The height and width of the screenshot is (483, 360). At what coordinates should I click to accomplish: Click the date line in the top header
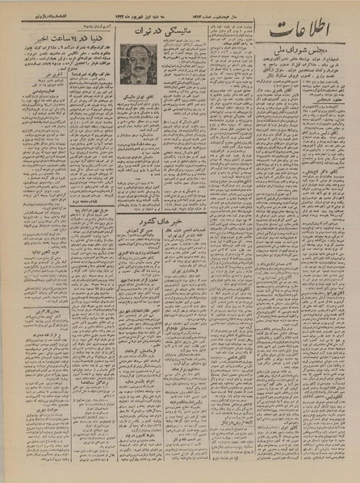(x=153, y=6)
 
